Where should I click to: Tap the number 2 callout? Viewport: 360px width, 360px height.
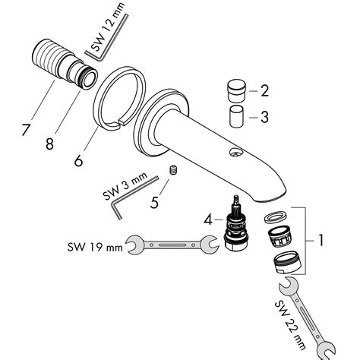coord(264,93)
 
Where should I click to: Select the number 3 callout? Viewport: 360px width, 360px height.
coord(264,118)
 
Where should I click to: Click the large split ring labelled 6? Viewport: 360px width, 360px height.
coord(120,98)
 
